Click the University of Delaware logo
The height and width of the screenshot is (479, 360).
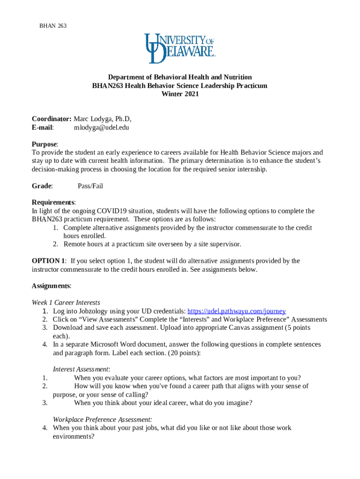[180, 48]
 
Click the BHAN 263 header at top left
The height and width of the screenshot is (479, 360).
[52, 26]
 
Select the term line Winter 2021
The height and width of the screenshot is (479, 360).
[180, 94]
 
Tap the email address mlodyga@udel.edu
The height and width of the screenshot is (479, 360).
[101, 127]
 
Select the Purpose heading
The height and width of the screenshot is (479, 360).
[44, 144]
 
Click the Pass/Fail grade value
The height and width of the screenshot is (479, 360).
[90, 186]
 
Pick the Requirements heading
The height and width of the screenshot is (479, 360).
[53, 203]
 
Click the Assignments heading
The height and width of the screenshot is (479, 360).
[51, 286]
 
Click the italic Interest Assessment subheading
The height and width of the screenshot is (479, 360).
[81, 369]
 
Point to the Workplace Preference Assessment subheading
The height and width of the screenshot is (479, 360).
[102, 420]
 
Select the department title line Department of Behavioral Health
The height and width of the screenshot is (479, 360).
[180, 77]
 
